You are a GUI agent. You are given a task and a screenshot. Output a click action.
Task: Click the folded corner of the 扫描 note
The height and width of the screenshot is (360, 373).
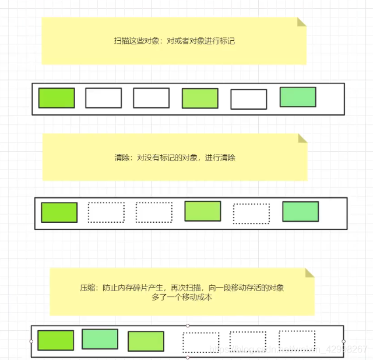301,22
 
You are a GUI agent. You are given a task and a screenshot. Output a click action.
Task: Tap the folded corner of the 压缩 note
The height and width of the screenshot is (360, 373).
309,272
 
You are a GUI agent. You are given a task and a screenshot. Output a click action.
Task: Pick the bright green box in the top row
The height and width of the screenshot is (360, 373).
57,98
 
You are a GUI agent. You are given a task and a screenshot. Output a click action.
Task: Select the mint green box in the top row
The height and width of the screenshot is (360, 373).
298,97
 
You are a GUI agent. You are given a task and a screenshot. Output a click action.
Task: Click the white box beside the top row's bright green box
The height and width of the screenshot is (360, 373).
104,98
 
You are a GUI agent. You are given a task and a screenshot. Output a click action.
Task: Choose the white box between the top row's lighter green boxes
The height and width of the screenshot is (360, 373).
249,99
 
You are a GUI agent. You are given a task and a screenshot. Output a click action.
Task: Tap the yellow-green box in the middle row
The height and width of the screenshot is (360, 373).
203,211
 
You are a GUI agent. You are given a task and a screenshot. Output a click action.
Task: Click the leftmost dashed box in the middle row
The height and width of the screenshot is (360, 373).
106,212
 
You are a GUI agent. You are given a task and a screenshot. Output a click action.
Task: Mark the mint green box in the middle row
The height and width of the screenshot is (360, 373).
301,212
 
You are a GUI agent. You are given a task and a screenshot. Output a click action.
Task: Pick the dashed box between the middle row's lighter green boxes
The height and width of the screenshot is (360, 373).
251,214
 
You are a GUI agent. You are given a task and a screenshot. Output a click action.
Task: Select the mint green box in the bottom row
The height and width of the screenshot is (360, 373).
100,339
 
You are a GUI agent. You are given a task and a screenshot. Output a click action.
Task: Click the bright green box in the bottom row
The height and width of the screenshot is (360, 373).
56,340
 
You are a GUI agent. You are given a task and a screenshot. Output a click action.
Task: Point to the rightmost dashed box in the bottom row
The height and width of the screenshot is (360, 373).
297,340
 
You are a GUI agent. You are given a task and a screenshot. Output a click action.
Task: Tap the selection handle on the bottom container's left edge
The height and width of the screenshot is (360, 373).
31,341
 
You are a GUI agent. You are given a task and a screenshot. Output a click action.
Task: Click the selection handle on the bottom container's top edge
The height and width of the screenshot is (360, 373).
187,326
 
